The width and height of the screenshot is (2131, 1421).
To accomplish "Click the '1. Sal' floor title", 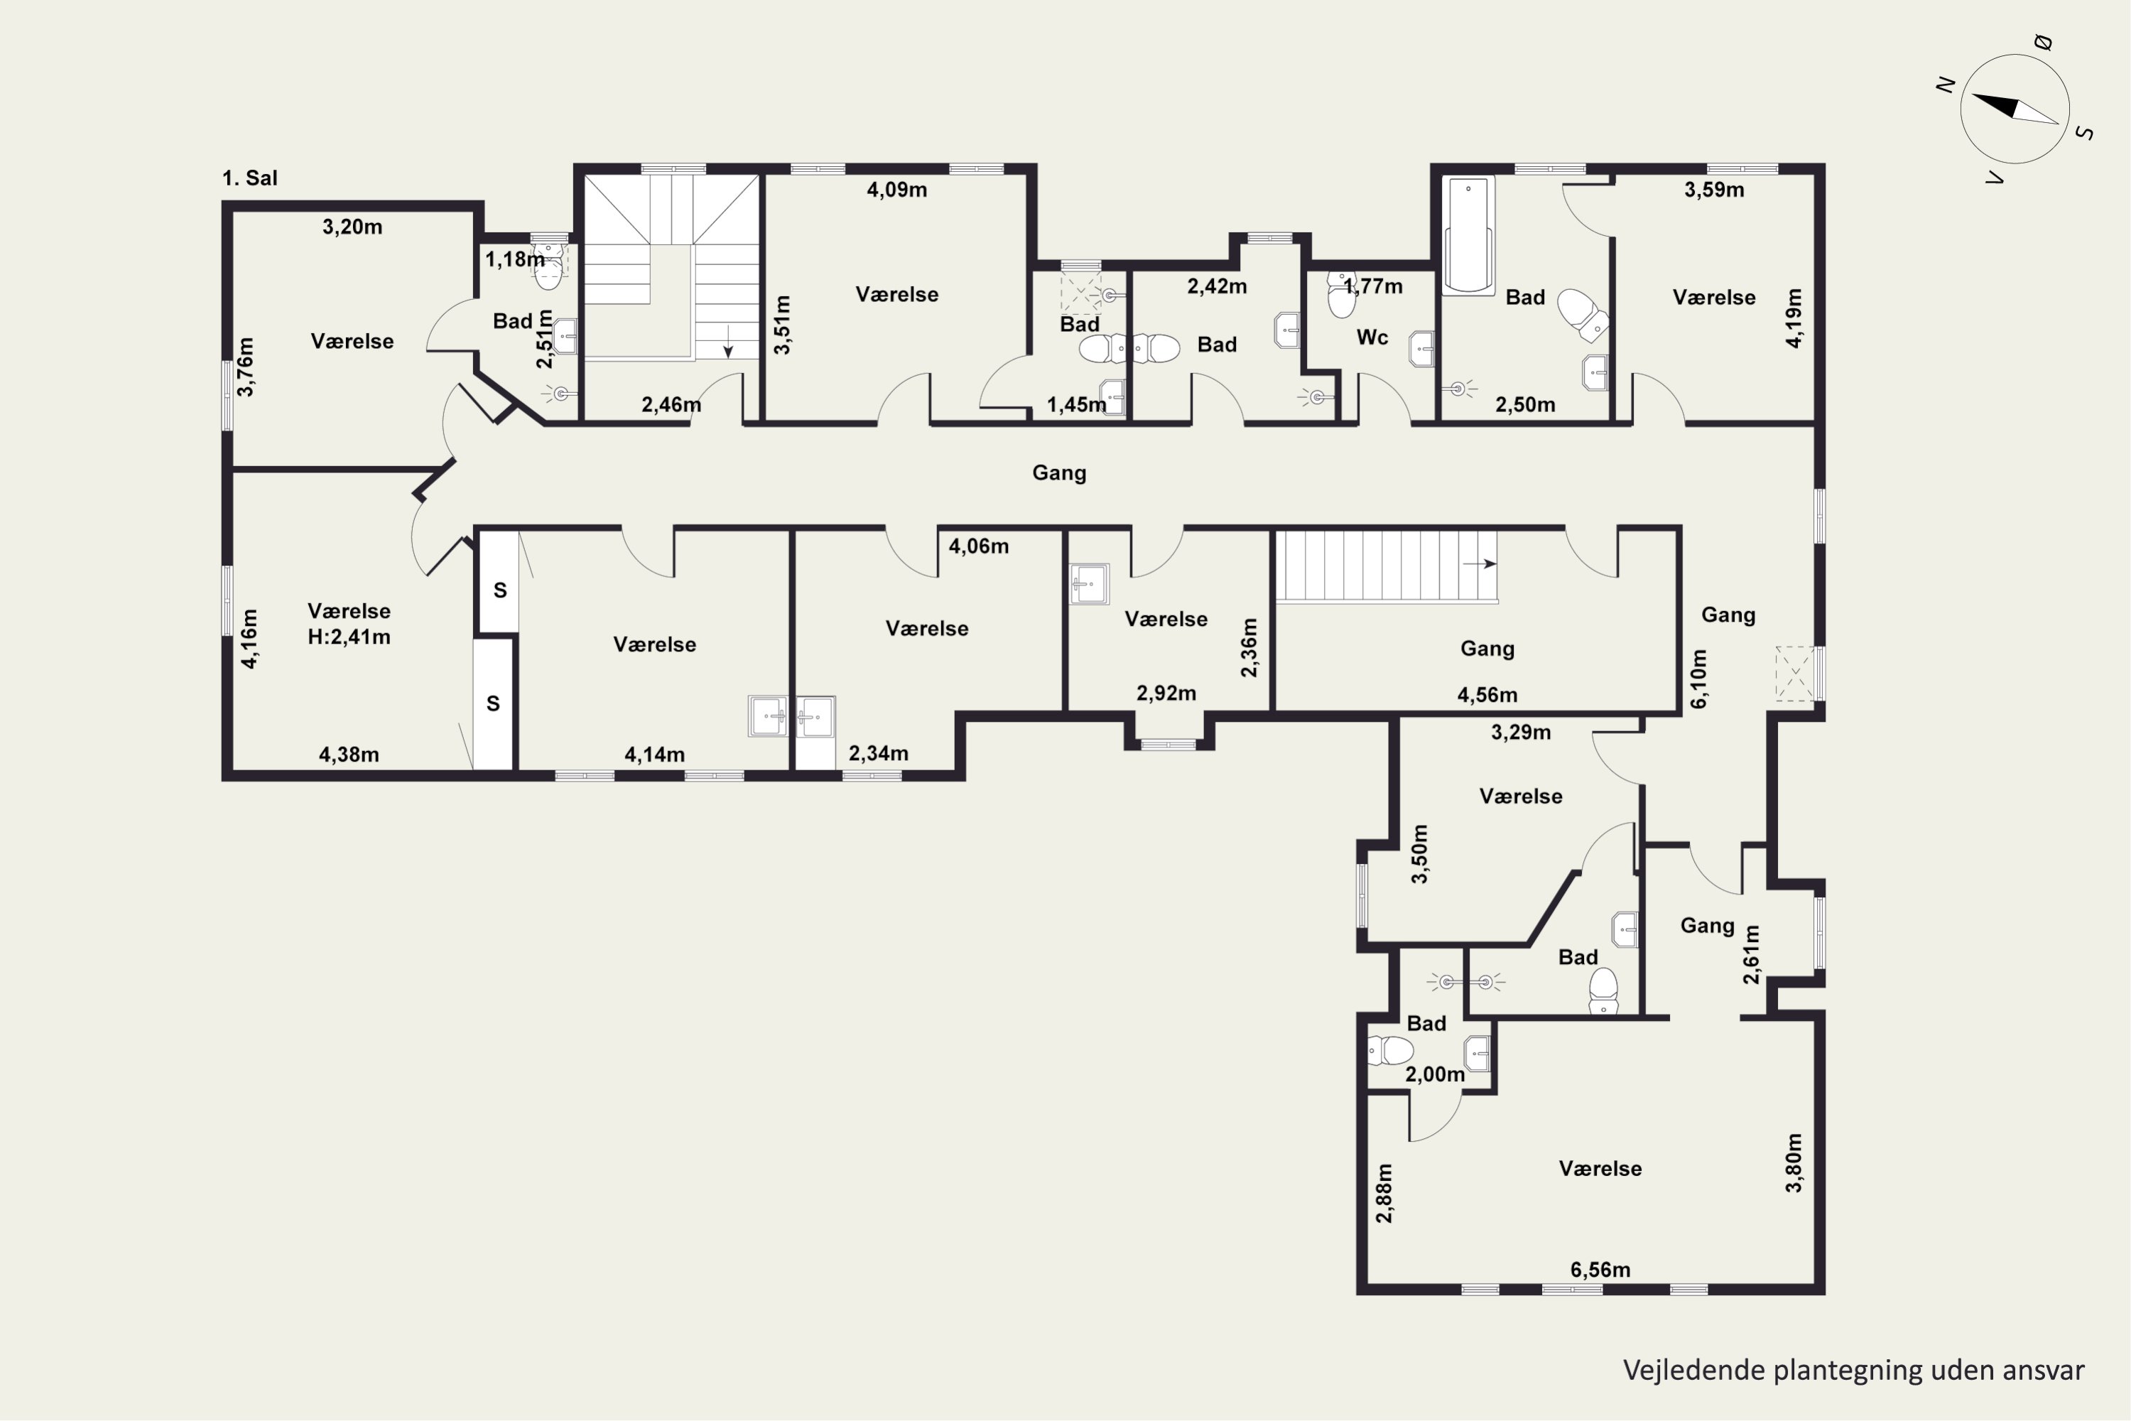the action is pos(250,178).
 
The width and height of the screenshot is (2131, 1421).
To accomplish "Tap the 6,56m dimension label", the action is pos(1600,1270).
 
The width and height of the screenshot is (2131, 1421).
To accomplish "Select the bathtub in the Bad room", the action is pos(1468,236).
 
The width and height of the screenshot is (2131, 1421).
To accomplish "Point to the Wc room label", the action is pos(1372,337).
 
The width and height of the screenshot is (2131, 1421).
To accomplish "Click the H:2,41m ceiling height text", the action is pos(349,636).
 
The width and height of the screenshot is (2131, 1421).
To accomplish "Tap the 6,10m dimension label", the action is pos(1699,679).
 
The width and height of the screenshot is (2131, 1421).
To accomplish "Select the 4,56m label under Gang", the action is pos(1487,695).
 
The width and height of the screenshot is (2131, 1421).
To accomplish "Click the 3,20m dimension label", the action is pos(352,227).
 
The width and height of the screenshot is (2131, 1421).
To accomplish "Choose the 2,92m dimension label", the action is pos(1166,693).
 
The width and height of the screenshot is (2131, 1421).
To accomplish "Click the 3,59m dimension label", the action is pos(1714,190).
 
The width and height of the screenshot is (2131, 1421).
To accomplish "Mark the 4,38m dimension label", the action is pos(349,754).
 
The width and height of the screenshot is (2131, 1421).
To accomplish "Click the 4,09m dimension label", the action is pos(897,190).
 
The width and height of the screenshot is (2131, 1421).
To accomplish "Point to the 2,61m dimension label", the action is pos(1752,954).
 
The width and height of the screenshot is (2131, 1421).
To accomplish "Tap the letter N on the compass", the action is pos(1946,85).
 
